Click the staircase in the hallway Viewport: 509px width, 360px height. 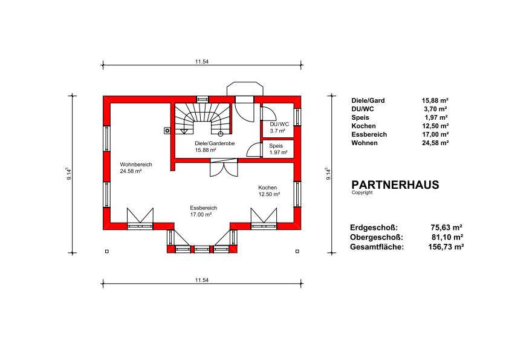click(x=203, y=118)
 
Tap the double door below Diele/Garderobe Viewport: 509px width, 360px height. click(x=224, y=168)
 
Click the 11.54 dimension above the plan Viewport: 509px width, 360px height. click(x=201, y=61)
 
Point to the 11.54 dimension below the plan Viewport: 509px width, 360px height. click(x=201, y=280)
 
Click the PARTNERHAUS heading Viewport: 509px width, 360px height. click(x=395, y=185)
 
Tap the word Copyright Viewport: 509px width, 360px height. click(x=362, y=192)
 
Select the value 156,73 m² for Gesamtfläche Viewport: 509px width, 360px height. click(x=446, y=247)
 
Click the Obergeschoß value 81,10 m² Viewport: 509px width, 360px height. click(x=447, y=237)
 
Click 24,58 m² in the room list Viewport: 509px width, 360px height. click(x=435, y=143)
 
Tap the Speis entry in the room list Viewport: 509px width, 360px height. click(x=360, y=117)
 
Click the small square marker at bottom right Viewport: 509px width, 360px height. click(x=297, y=251)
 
